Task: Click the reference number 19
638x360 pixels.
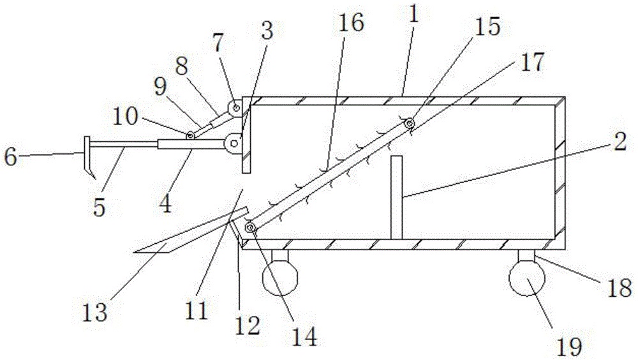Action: point(570,347)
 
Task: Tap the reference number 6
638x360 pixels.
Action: point(11,155)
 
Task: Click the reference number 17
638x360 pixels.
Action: point(533,62)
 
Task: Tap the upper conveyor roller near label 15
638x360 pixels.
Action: point(409,123)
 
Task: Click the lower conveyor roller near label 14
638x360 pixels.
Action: point(251,228)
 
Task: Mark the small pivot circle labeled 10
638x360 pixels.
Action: point(190,135)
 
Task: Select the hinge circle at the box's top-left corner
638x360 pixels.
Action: point(236,109)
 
